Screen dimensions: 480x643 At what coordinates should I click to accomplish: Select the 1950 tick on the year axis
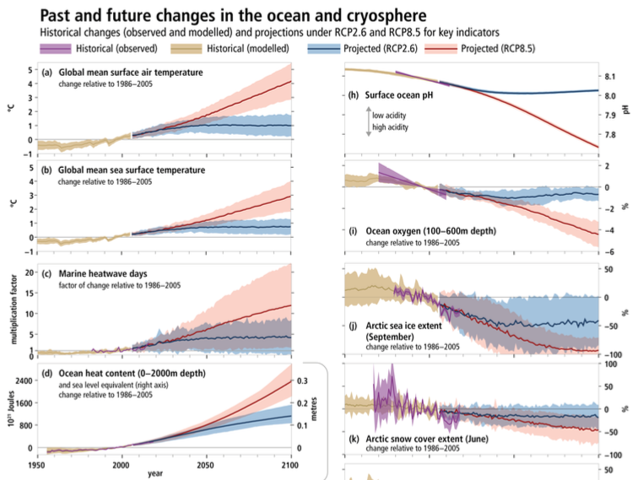coord(37,465)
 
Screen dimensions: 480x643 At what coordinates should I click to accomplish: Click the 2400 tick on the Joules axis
coord(23,380)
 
